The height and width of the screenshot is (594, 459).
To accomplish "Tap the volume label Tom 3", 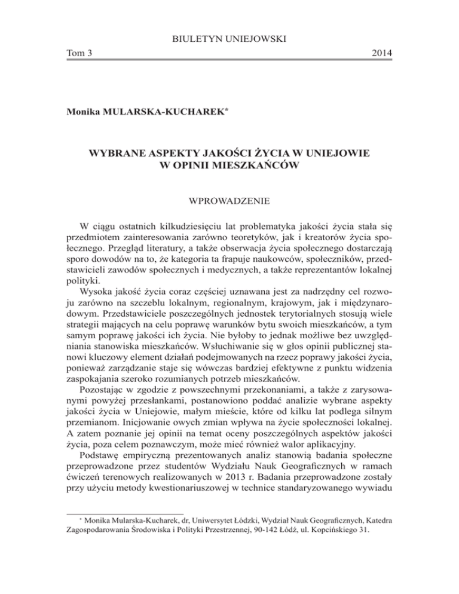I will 81,54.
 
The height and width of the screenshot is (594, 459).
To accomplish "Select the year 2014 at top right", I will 379,54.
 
